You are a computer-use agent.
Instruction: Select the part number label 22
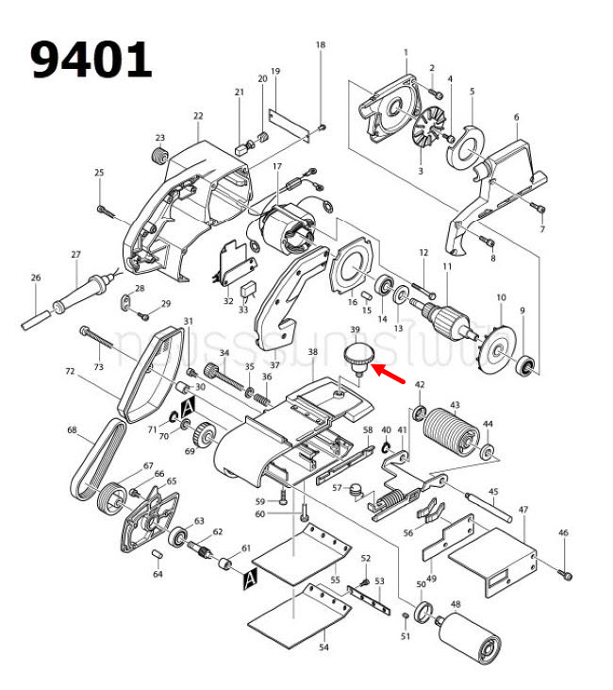pyautogui.click(x=198, y=116)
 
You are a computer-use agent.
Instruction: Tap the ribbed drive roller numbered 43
pyautogui.click(x=453, y=433)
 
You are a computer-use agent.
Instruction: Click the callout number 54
pyautogui.click(x=323, y=648)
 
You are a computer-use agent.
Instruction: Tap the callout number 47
pyautogui.click(x=522, y=510)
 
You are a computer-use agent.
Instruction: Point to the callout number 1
pyautogui.click(x=406, y=52)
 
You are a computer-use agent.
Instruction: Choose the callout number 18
pyautogui.click(x=320, y=45)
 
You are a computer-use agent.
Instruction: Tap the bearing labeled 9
pyautogui.click(x=527, y=362)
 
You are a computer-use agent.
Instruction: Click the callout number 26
pyautogui.click(x=36, y=278)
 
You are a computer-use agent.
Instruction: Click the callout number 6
pyautogui.click(x=517, y=117)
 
